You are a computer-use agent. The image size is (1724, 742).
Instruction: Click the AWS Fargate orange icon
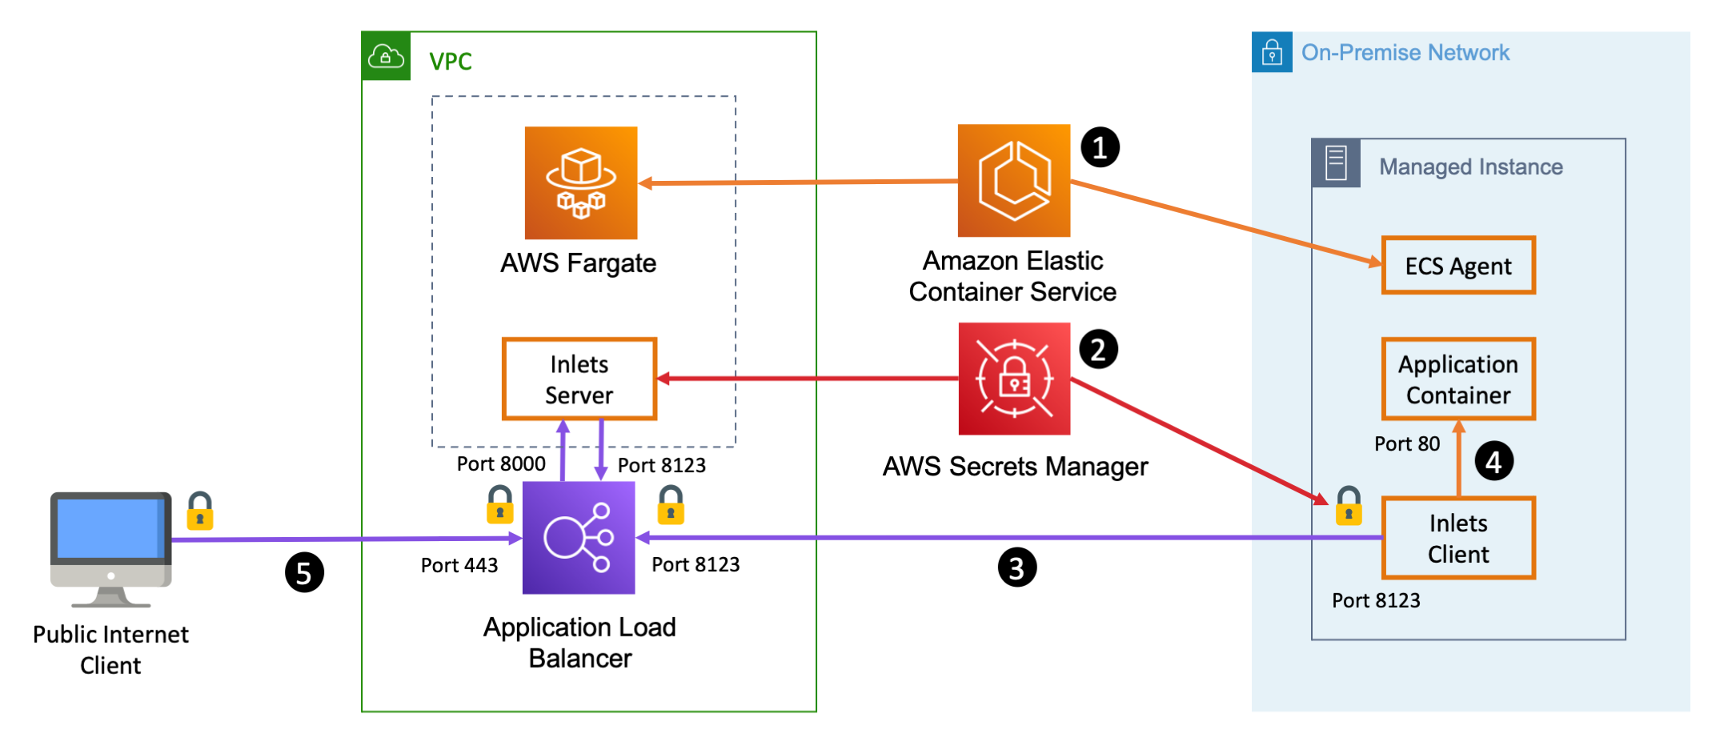tap(581, 182)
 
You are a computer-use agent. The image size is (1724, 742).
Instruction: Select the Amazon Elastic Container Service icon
tap(1014, 180)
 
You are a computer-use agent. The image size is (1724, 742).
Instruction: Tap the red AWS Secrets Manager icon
tap(1014, 379)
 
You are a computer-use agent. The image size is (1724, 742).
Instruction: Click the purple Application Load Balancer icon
tap(579, 537)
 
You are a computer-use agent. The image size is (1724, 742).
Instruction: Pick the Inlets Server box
tap(579, 379)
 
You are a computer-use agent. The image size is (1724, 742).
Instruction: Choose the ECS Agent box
tap(1458, 266)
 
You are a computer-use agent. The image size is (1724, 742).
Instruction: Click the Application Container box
tap(1458, 379)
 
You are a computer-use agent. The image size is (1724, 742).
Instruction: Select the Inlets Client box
tap(1458, 538)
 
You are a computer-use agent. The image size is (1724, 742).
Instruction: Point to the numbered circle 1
tap(1100, 147)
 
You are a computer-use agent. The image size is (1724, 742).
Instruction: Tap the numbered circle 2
tap(1098, 349)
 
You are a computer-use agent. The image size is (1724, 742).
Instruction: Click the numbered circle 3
tap(1016, 568)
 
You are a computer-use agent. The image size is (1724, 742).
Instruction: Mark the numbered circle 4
tap(1493, 461)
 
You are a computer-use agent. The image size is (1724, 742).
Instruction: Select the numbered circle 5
tap(304, 572)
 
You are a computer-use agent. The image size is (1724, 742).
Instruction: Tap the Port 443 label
tap(459, 565)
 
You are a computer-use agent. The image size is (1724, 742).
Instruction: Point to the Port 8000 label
tap(501, 463)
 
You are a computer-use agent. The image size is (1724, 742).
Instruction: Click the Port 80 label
tap(1406, 443)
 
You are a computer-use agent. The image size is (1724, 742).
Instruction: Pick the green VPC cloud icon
tap(386, 56)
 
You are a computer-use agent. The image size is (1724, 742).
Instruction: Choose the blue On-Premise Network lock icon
tap(1272, 53)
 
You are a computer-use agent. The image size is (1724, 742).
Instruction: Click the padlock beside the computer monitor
tap(200, 511)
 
